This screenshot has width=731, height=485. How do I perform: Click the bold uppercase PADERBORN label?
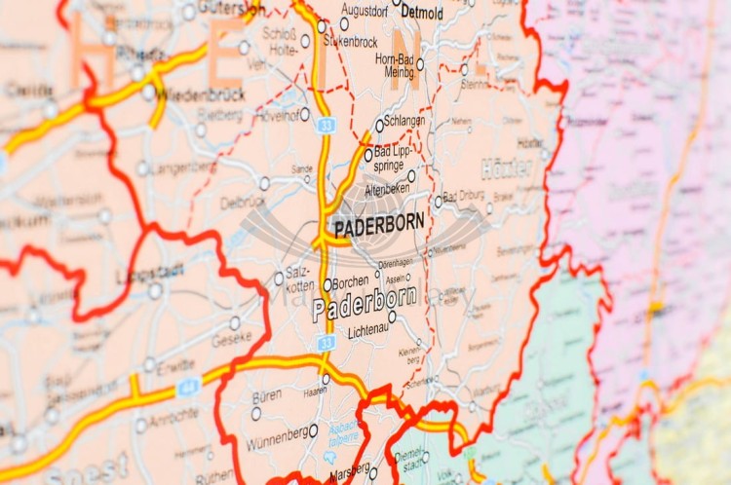[x=379, y=223]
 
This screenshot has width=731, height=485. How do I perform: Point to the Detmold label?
[x=422, y=14]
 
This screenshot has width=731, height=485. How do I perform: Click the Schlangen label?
[x=404, y=120]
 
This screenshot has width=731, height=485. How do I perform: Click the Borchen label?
[x=350, y=283]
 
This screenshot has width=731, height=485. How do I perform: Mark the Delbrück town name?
[x=243, y=204]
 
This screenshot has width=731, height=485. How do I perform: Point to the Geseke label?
[x=231, y=340]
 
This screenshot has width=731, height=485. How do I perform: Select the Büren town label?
[x=266, y=397]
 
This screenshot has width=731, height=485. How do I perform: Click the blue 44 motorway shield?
[x=188, y=388]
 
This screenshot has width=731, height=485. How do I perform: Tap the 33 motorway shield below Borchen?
[x=326, y=343]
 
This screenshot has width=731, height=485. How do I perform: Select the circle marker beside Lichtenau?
[x=392, y=317]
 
